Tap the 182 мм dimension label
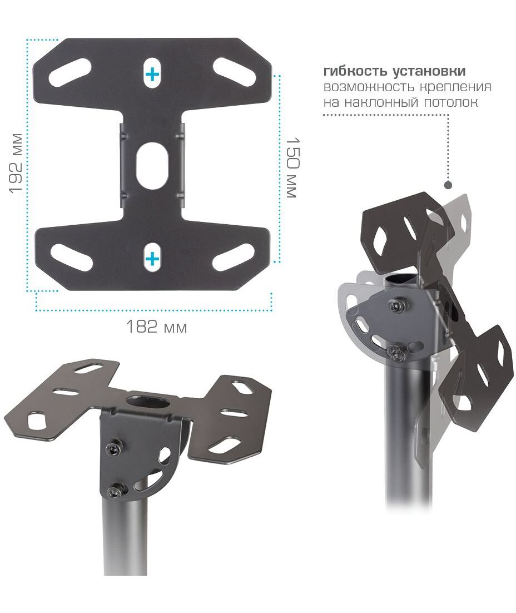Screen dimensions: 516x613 click(x=156, y=327)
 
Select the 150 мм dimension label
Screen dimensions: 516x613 click(x=292, y=167)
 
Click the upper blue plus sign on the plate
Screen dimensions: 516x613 click(x=152, y=74)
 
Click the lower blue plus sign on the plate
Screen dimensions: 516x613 click(x=152, y=259)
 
